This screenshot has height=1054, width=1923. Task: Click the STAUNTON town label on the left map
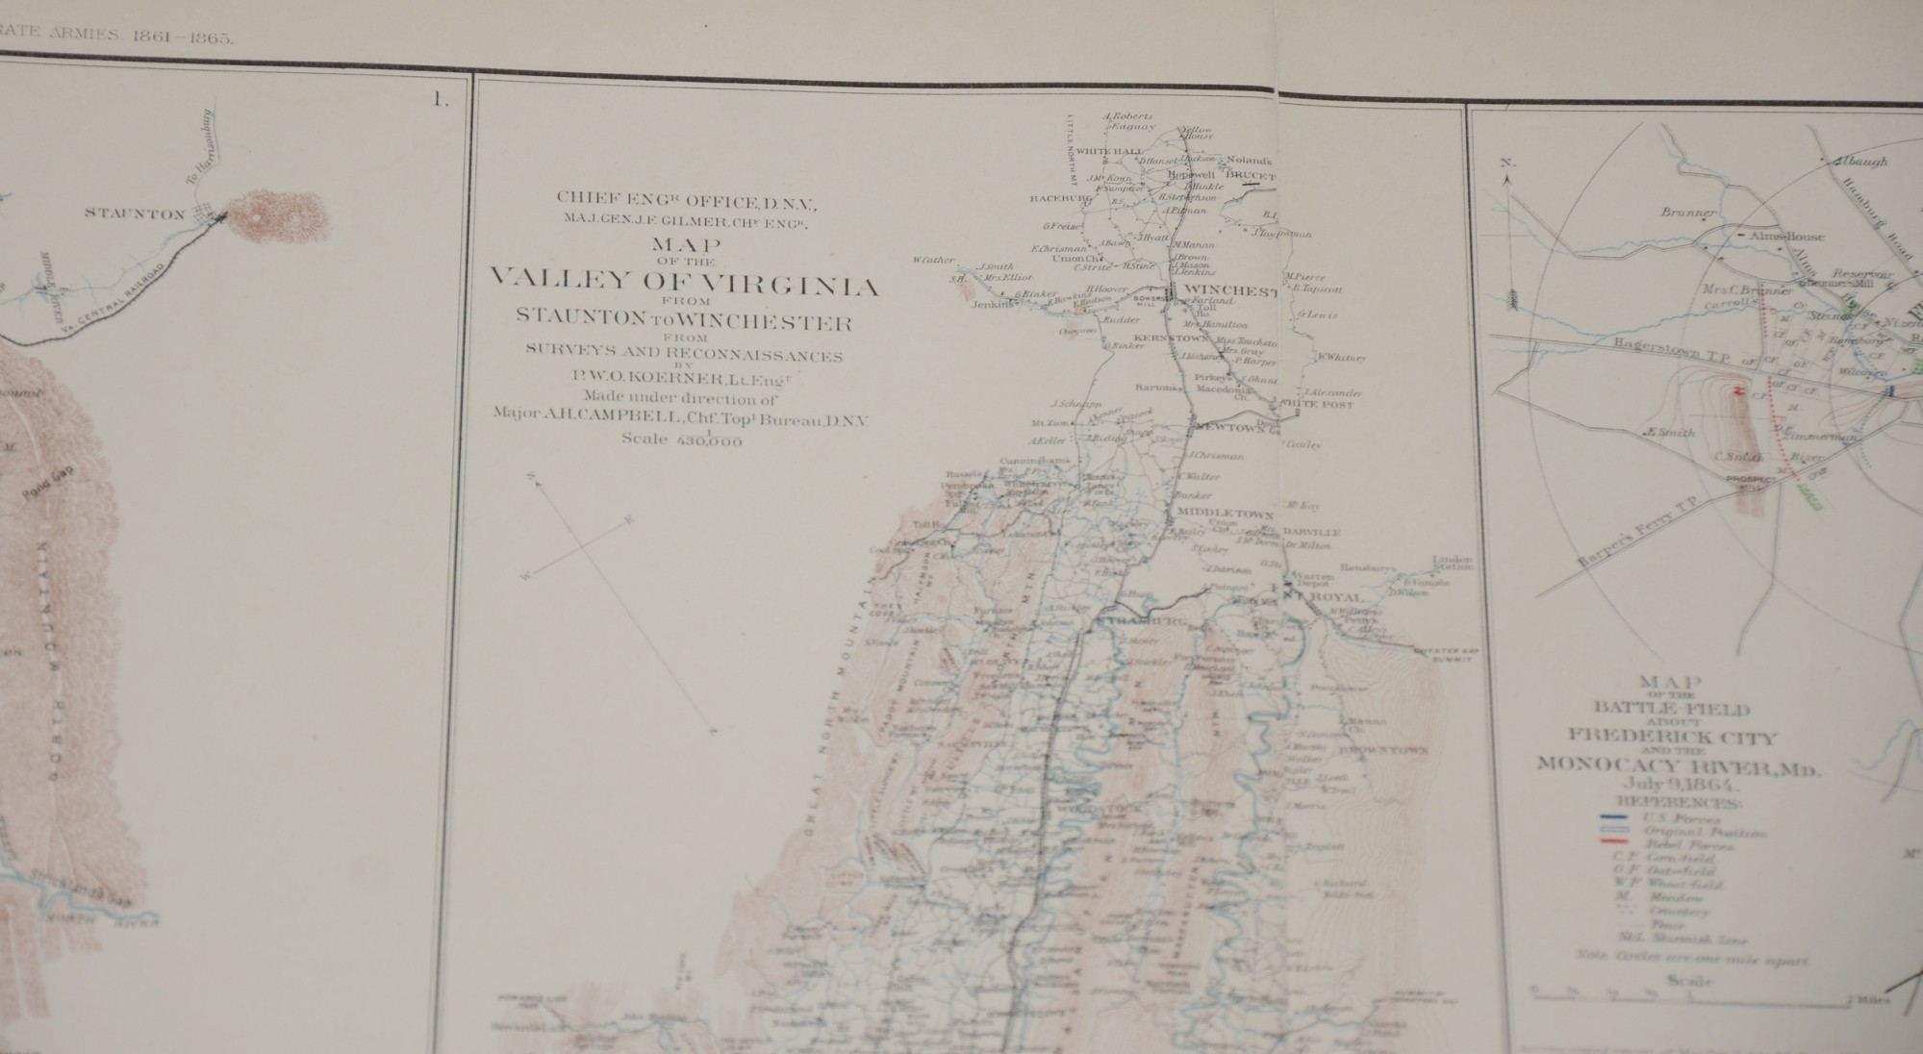click(x=135, y=213)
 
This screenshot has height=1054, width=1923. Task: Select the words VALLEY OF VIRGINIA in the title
click(x=683, y=285)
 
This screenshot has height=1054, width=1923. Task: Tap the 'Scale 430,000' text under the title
click(x=683, y=439)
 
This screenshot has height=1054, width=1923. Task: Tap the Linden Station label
click(x=1452, y=562)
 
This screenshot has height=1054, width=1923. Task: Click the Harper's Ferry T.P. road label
click(x=1622, y=543)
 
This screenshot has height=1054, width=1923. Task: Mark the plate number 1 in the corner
click(x=442, y=99)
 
